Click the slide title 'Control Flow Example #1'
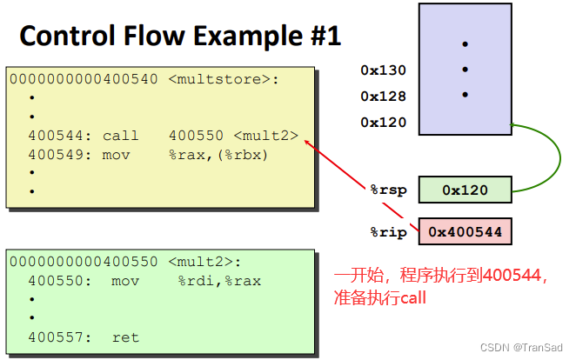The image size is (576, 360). coord(180,36)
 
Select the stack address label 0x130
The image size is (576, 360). coord(383,70)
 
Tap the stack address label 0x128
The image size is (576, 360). coord(383,97)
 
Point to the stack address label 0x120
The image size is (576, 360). coord(383,123)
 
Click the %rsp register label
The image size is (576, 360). coord(388,190)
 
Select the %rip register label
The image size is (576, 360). coord(388,232)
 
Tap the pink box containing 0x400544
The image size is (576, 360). coord(465,232)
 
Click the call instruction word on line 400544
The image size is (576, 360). coord(120,136)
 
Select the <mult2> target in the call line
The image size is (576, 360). coord(266,136)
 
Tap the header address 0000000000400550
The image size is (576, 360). coord(84,261)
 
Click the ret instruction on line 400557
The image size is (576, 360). coord(125,337)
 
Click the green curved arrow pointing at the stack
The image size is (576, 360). coord(548,157)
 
